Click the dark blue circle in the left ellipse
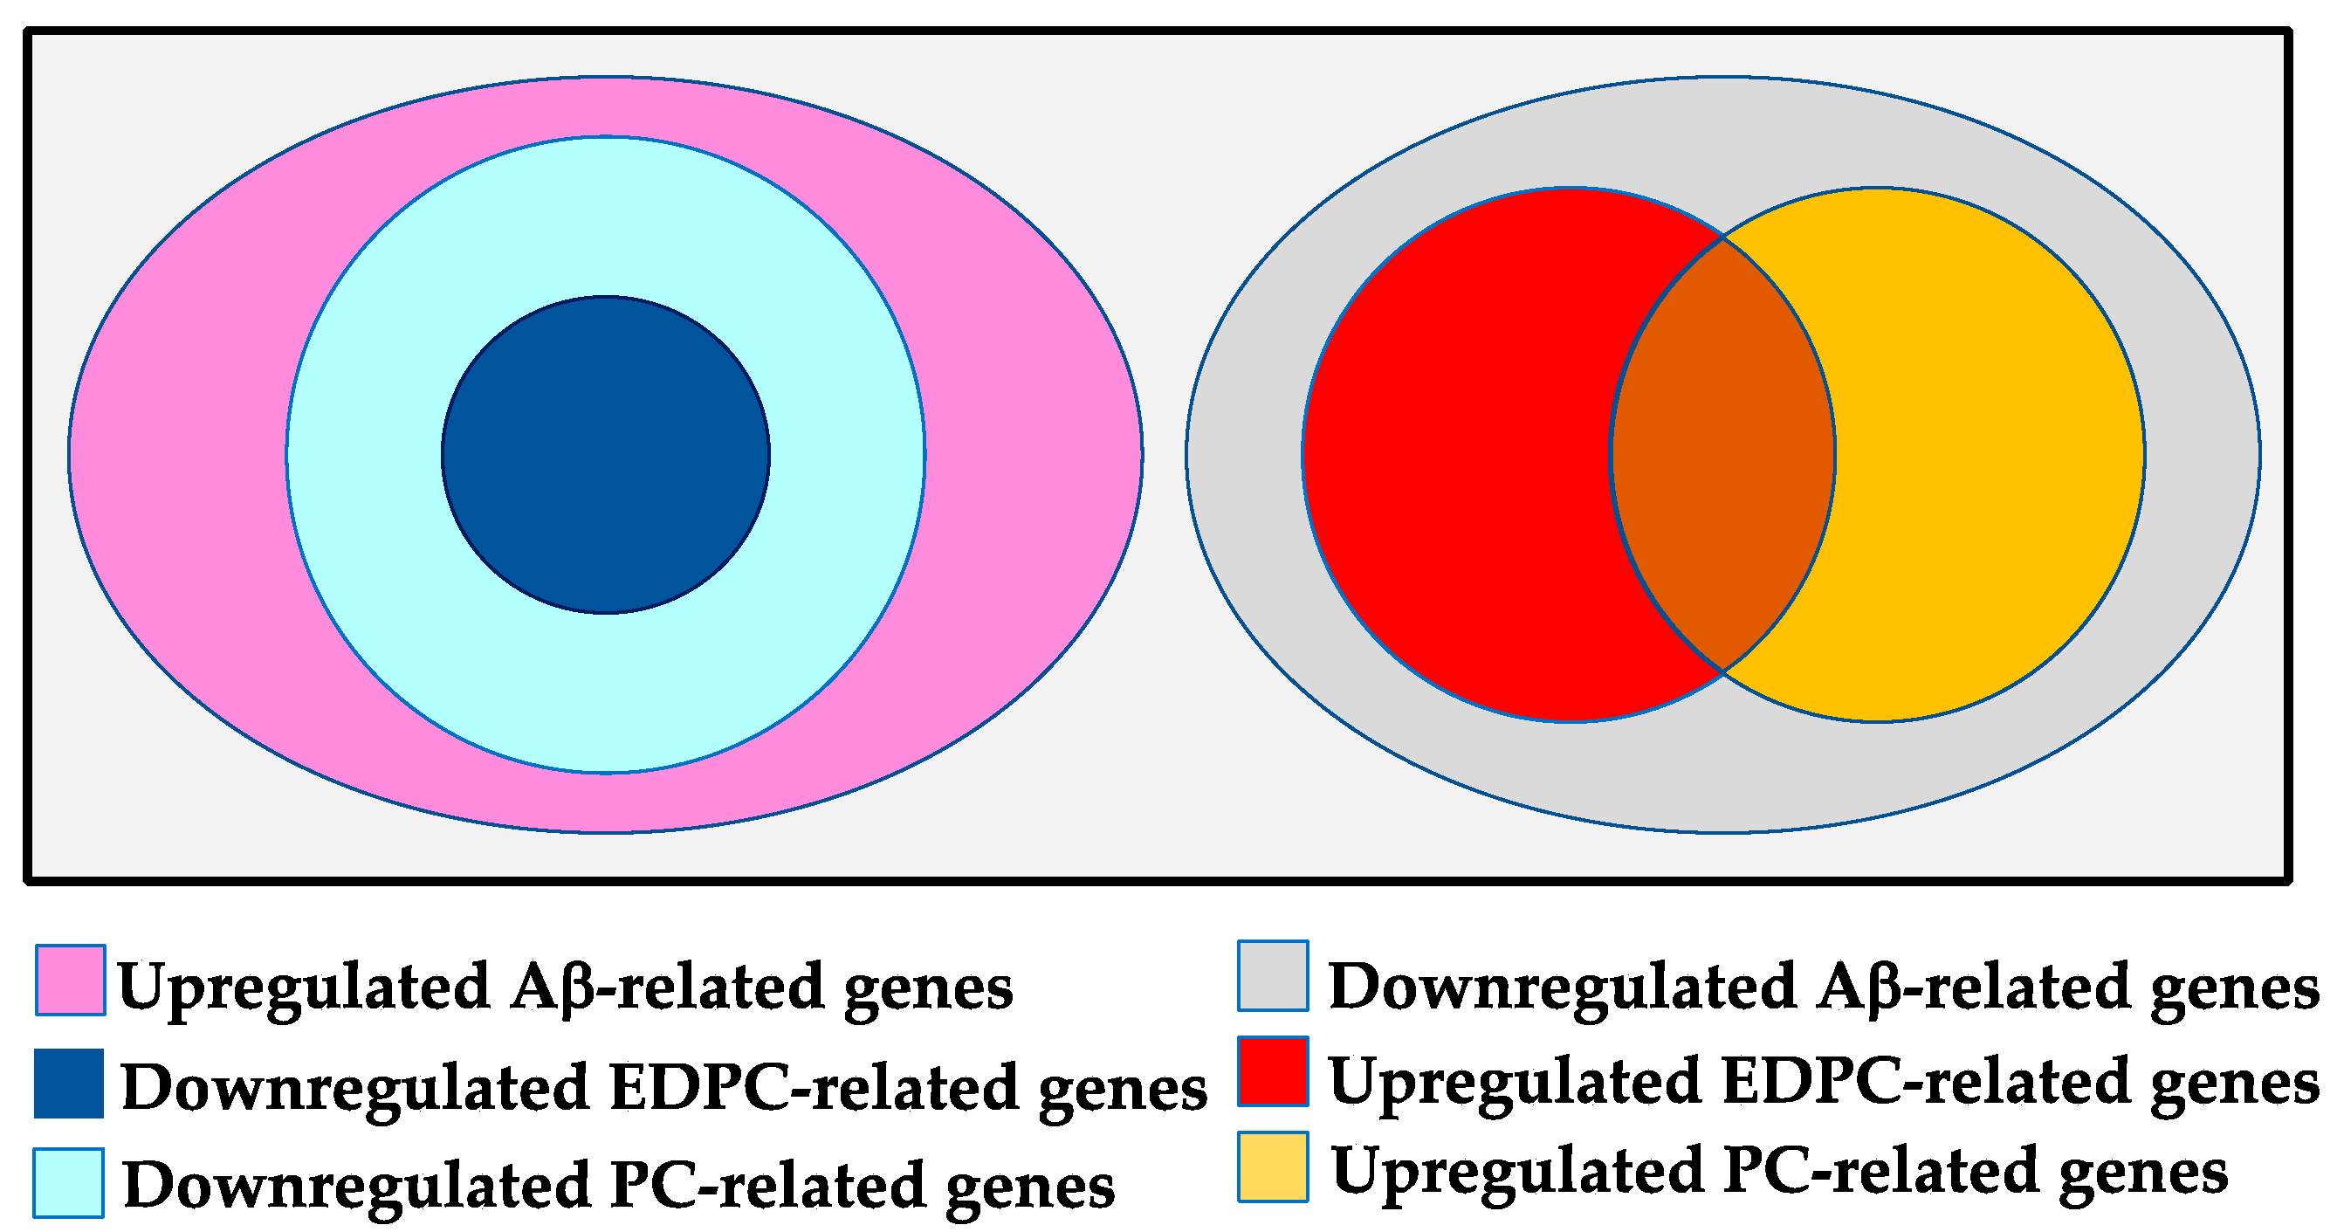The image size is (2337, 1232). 605,455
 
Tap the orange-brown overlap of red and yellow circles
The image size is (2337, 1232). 1722,455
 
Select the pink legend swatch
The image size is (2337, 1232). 70,980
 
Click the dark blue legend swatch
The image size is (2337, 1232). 69,1084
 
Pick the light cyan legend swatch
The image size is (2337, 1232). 69,1183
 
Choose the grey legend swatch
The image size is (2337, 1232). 1273,976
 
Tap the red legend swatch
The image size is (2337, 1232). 1273,1071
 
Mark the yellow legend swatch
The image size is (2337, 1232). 1273,1167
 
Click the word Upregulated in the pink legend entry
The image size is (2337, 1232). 304,987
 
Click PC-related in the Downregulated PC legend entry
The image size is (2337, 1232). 767,1186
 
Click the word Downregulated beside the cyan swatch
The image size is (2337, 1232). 356,1185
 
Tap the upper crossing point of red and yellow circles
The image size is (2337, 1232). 1722,237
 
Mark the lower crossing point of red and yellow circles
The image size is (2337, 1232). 1722,671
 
